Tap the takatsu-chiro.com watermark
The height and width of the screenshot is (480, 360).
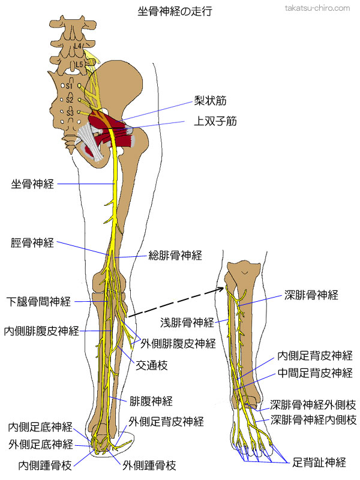(x=316, y=8)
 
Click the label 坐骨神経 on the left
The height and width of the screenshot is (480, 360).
(x=32, y=184)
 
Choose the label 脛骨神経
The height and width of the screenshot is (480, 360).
(x=32, y=243)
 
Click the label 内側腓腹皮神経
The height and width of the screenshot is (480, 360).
(x=41, y=331)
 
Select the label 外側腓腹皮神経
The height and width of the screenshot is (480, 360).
(x=178, y=344)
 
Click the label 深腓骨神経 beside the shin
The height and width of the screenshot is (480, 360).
(x=311, y=295)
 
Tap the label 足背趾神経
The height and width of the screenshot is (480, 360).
(x=319, y=462)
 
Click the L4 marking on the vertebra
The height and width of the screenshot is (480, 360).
(x=76, y=46)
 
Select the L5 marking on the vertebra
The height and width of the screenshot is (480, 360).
(x=78, y=64)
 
